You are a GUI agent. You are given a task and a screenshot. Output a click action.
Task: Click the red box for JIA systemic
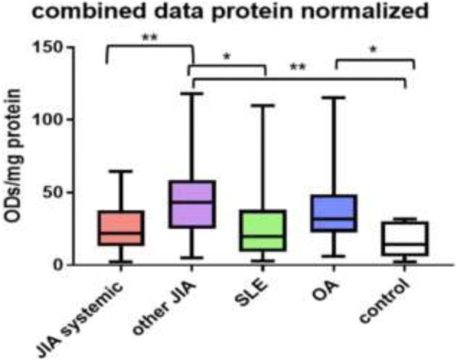(119, 228)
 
